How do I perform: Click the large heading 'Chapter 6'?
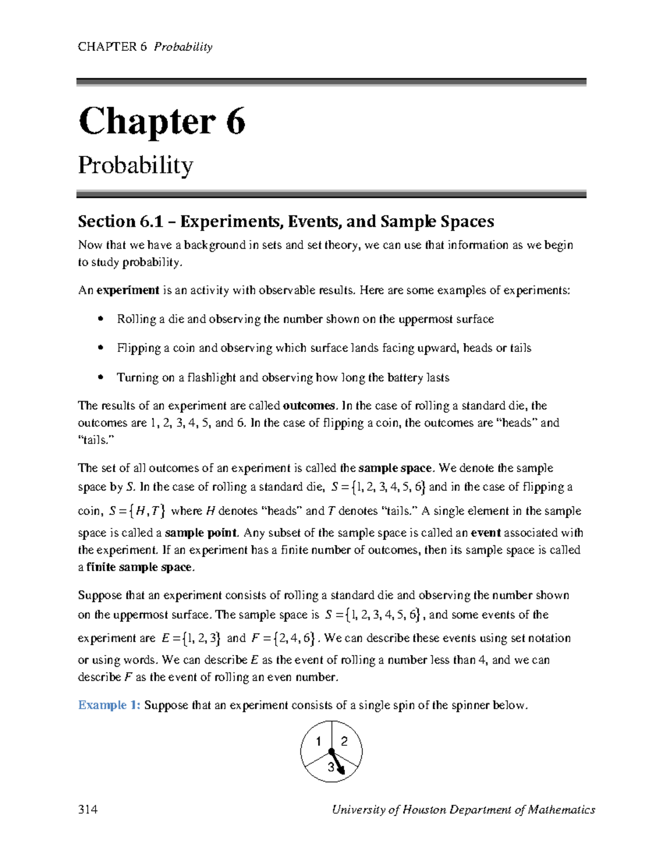point(161,122)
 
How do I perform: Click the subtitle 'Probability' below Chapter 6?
point(135,165)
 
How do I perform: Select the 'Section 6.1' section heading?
point(286,222)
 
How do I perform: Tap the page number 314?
point(88,809)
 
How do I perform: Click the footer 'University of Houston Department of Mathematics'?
point(463,809)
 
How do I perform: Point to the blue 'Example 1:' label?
point(109,705)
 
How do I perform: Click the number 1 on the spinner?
point(318,741)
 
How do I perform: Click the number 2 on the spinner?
point(344,741)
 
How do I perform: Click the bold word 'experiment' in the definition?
point(128,290)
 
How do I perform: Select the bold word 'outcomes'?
point(309,406)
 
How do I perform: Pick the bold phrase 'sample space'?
point(394,468)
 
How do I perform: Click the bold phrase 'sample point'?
point(201,533)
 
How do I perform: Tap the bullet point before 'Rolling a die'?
point(100,319)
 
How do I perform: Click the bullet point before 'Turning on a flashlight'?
point(100,377)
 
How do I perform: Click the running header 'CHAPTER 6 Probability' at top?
point(145,47)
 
